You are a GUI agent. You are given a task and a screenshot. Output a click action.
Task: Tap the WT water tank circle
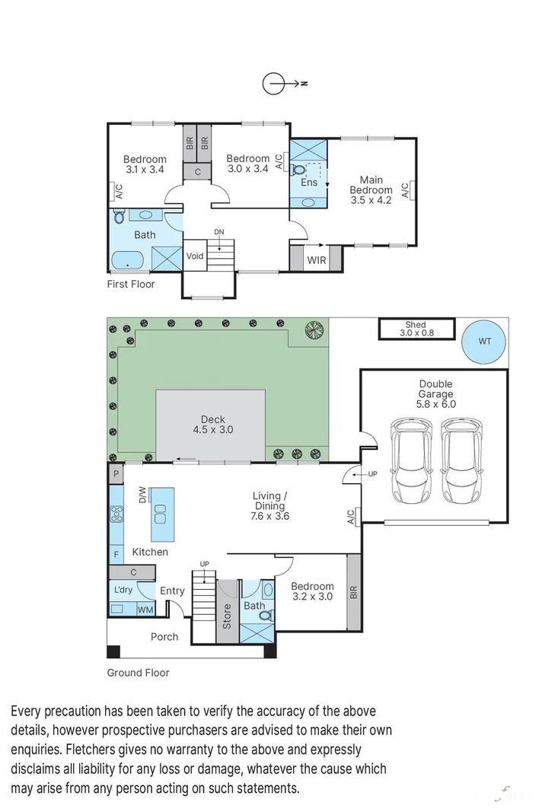pos(483,341)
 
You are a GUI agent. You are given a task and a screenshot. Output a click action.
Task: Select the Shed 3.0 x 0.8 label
pos(416,329)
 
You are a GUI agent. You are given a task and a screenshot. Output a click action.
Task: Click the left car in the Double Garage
pos(411,460)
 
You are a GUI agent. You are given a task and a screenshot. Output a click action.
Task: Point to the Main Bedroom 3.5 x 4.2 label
pos(371,190)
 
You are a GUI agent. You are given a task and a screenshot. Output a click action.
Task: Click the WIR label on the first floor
pos(316,260)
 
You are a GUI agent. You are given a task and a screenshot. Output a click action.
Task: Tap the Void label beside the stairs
pos(195,256)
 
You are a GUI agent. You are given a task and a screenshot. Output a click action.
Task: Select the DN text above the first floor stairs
pos(219,232)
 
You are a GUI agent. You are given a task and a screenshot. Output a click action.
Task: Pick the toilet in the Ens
pos(298,170)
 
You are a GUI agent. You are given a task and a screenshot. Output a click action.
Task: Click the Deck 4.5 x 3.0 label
pos(213,424)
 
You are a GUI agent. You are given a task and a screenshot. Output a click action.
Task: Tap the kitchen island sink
pos(160,514)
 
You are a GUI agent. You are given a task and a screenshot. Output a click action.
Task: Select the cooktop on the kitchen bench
pos(116,514)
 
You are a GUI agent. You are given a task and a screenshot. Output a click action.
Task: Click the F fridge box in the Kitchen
pos(116,554)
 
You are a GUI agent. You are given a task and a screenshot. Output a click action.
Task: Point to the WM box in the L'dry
pos(145,610)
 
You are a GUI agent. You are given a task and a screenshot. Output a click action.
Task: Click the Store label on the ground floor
pos(227,616)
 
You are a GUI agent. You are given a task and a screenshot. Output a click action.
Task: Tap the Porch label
pos(164,637)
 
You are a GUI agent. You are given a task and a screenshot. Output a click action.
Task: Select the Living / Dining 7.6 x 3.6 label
pos(270,505)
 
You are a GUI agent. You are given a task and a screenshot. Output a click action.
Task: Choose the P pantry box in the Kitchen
pos(116,473)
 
